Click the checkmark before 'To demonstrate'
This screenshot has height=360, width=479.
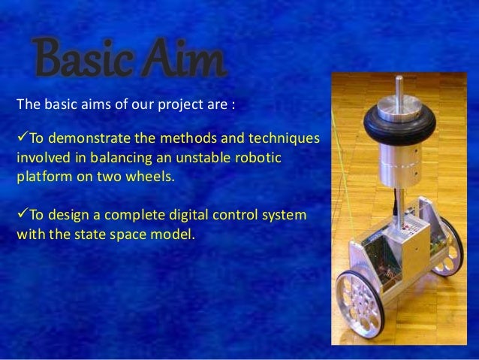pyautogui.click(x=22, y=140)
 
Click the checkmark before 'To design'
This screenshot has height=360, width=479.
pyautogui.click(x=22, y=215)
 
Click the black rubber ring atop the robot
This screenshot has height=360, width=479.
pyautogui.click(x=402, y=120)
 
